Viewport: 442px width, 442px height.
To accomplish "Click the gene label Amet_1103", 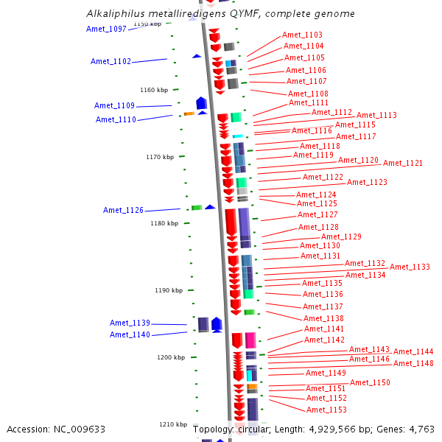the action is click(x=302, y=35).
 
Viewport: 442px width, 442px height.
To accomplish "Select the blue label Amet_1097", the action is click(x=106, y=29).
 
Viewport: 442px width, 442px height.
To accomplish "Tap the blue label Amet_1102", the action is click(x=110, y=61).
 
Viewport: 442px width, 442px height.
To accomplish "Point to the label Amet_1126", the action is click(x=123, y=210).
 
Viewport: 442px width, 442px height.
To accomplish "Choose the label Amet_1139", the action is click(x=130, y=323).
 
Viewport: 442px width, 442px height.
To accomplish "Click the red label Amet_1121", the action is click(x=403, y=163).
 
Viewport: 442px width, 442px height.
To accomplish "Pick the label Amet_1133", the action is click(x=410, y=267).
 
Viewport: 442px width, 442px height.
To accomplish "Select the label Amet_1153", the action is click(x=326, y=410).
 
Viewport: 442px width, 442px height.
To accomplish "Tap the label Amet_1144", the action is click(x=413, y=351).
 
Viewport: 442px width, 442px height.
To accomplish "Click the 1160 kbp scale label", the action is click(x=153, y=90).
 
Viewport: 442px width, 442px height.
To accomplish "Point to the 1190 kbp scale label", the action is click(x=168, y=290).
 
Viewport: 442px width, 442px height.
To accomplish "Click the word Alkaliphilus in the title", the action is click(x=115, y=14).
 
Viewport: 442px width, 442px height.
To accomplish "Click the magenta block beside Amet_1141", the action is click(x=250, y=340).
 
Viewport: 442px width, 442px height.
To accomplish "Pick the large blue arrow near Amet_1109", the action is click(x=201, y=102).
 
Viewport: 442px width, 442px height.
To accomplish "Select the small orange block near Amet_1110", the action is click(x=189, y=113).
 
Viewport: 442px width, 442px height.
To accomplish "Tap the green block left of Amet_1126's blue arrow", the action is click(x=197, y=208).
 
